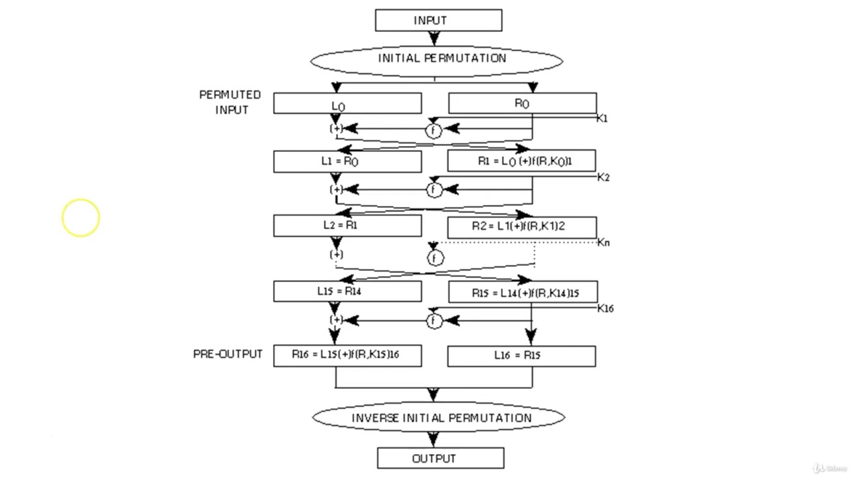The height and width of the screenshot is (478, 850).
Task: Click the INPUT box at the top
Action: [x=438, y=21]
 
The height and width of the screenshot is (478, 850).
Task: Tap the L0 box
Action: [x=347, y=104]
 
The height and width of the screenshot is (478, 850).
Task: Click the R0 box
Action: [x=523, y=104]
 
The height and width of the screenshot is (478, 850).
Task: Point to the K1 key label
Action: [x=602, y=119]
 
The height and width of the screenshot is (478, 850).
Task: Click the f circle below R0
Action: [x=434, y=131]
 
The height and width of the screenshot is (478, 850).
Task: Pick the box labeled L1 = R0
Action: [x=347, y=161]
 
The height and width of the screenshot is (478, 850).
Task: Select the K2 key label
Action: [x=603, y=177]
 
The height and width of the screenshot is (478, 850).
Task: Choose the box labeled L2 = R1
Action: [x=347, y=226]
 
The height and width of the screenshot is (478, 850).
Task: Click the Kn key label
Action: [x=603, y=243]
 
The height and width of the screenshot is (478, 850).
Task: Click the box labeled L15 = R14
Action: [x=347, y=291]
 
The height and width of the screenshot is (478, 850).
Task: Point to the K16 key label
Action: [x=605, y=309]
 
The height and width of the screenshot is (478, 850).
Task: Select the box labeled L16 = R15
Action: [x=521, y=356]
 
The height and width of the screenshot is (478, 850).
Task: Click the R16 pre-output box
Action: [x=347, y=355]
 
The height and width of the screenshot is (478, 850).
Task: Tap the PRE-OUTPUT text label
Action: [x=228, y=355]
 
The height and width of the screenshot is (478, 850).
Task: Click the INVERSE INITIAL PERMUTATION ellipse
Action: [x=438, y=418]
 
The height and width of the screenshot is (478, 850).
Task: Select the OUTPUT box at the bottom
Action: [x=440, y=459]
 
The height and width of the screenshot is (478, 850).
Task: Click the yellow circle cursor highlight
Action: [x=81, y=218]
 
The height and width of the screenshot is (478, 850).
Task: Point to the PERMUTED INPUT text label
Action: [x=230, y=102]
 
